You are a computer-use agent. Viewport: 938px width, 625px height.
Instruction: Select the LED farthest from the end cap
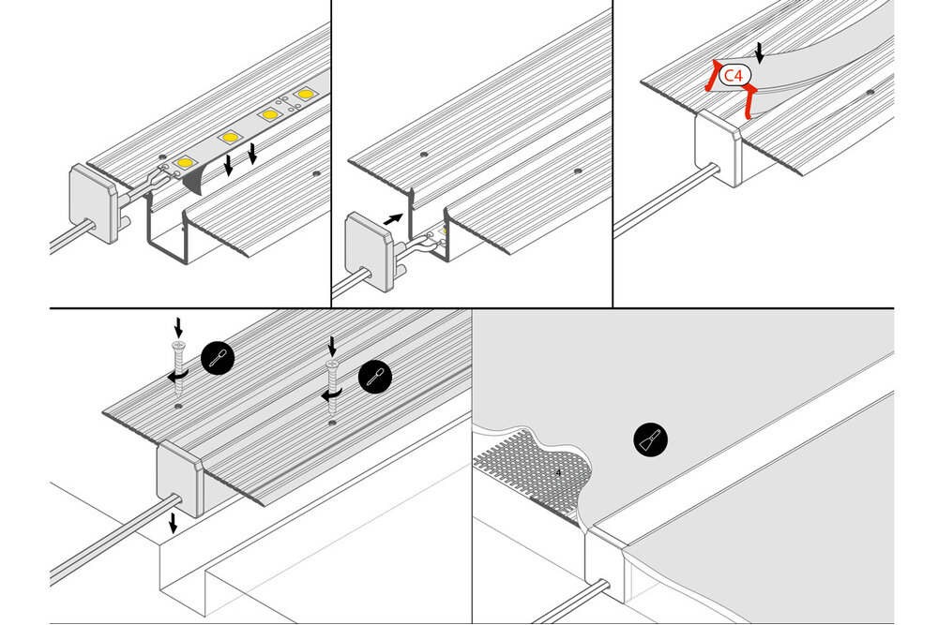click(x=305, y=95)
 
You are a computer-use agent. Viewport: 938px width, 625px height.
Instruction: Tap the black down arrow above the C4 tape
click(x=760, y=53)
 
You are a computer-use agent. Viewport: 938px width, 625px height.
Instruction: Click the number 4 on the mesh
click(x=559, y=472)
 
